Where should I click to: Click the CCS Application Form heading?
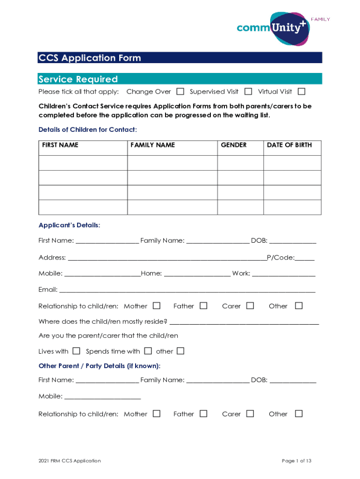(90, 58)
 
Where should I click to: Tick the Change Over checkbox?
(180, 91)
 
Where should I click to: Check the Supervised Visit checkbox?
(248, 91)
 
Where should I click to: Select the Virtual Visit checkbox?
(302, 91)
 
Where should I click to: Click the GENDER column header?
(234, 145)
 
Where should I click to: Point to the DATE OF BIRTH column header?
(289, 145)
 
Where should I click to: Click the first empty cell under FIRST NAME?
(83, 163)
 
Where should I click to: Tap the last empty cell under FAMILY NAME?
(172, 207)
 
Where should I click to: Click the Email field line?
(187, 290)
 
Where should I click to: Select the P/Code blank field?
(304, 258)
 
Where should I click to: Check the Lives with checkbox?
(76, 351)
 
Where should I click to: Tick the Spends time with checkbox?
(148, 351)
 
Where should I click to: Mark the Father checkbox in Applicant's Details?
(203, 305)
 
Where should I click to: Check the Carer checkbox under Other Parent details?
(250, 414)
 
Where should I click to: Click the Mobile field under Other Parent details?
(102, 397)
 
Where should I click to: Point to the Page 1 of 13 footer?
(296, 461)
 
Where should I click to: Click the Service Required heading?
(78, 79)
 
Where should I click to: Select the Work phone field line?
(284, 274)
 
